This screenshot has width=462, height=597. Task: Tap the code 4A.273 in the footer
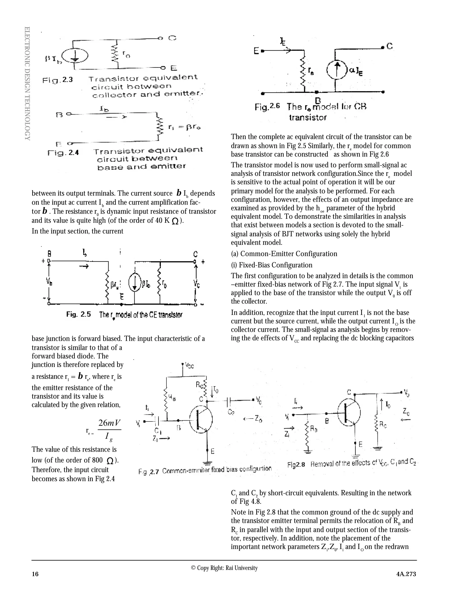pos(406,574)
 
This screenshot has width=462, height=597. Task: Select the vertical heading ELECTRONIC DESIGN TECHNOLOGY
pos(27,83)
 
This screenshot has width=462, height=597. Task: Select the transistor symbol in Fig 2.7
pos(201,419)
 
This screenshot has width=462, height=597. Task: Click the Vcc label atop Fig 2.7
pos(189,365)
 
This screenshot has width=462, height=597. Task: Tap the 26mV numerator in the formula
pos(109,423)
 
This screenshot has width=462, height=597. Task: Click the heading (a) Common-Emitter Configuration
pos(284,254)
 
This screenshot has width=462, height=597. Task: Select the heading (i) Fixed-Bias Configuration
pos(272,265)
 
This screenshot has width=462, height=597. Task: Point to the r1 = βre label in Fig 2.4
pos(184,127)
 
